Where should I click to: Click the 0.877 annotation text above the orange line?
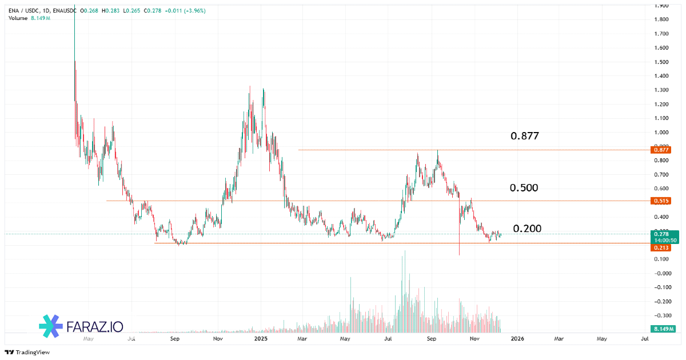click(x=524, y=136)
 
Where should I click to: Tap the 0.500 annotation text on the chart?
click(x=524, y=188)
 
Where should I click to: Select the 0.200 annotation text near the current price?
click(x=527, y=229)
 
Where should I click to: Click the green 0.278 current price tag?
click(x=662, y=234)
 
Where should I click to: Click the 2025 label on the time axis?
click(x=261, y=339)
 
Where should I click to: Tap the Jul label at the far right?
click(x=645, y=339)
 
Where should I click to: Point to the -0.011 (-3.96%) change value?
click(x=186, y=11)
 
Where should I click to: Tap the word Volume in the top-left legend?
click(x=18, y=18)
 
